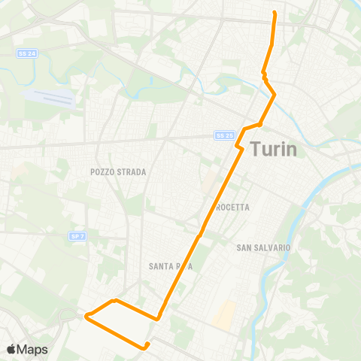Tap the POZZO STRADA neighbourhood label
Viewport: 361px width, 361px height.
pyautogui.click(x=118, y=172)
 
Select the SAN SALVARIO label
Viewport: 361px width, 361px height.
pyautogui.click(x=263, y=247)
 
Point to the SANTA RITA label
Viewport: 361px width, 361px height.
pyautogui.click(x=168, y=265)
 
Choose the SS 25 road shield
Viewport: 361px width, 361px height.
pyautogui.click(x=224, y=135)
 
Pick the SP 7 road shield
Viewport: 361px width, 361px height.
pyautogui.click(x=76, y=236)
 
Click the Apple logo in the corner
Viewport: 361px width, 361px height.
pyautogui.click(x=12, y=349)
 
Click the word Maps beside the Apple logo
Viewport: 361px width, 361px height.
pyautogui.click(x=33, y=349)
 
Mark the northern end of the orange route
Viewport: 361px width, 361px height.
pyautogui.click(x=274, y=14)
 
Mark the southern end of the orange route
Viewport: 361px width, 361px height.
pyautogui.click(x=147, y=344)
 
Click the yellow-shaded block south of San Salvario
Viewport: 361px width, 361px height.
pyautogui.click(x=224, y=315)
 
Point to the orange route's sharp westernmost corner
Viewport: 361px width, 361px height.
pyautogui.click(x=86, y=316)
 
